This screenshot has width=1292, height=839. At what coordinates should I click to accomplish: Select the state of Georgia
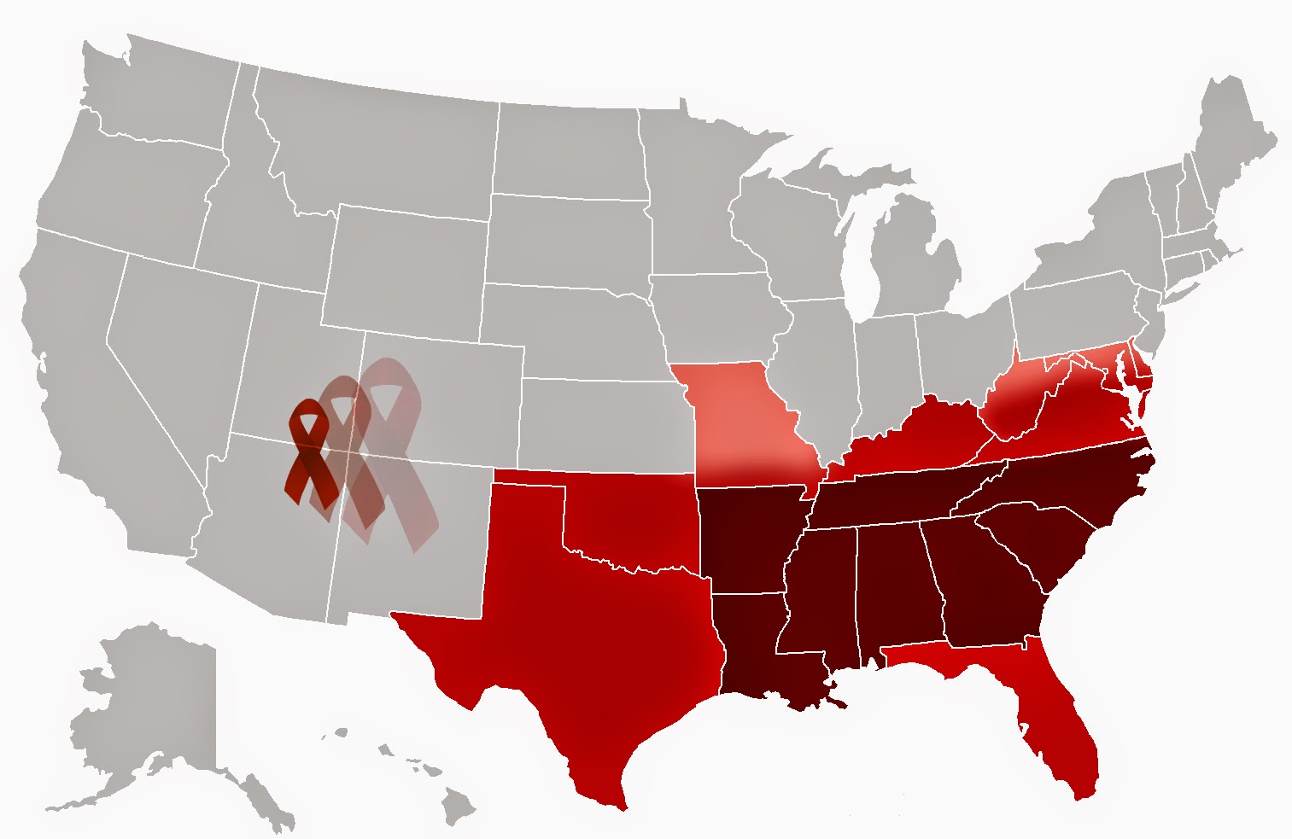coord(982,580)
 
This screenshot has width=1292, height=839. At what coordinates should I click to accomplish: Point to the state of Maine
coord(1230,145)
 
